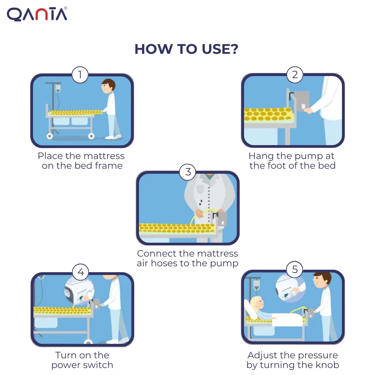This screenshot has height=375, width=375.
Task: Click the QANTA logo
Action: [37, 14]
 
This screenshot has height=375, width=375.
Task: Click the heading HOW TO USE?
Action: [186, 49]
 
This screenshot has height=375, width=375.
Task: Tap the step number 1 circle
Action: [80, 75]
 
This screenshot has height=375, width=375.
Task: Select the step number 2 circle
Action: [295, 75]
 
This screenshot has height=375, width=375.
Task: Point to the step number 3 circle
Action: [187, 172]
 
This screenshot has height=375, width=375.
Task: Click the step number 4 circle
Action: [81, 272]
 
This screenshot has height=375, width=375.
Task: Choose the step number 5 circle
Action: [295, 270]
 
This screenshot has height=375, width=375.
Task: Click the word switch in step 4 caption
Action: [101, 365]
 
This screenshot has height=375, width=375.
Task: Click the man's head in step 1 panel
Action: [109, 85]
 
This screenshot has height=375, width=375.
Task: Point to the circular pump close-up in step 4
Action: [78, 291]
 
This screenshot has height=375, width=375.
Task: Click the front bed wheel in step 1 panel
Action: [91, 136]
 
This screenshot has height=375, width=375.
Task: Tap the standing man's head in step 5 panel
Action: [323, 280]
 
